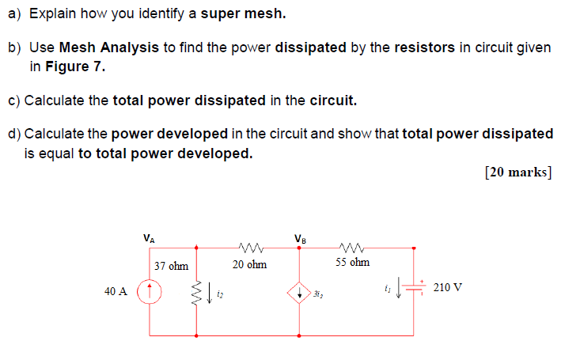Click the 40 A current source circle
tap(150, 292)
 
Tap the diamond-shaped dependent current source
tap(299, 292)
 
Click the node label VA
tap(149, 236)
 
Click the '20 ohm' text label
tap(249, 265)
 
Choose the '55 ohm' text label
tap(352, 262)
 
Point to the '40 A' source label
tap(116, 292)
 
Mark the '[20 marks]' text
tap(518, 173)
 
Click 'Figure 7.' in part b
tap(67, 67)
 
